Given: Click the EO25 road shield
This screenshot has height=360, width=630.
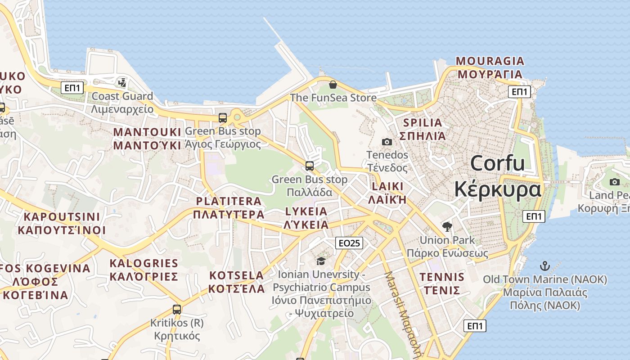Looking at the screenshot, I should click(x=349, y=243).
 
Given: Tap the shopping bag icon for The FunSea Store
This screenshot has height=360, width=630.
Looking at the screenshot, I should click(x=333, y=84).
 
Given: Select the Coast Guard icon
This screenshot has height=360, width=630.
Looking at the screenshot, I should click(x=122, y=82).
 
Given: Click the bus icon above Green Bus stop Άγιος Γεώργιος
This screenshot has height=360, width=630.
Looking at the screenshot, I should click(x=223, y=118).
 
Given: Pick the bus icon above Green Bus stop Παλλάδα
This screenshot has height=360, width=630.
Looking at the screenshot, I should click(x=310, y=166).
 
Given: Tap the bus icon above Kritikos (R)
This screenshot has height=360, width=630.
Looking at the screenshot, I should click(x=177, y=310).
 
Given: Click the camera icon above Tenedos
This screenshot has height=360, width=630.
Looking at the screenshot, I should click(x=387, y=142).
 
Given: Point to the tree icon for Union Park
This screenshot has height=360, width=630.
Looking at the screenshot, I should click(x=447, y=226).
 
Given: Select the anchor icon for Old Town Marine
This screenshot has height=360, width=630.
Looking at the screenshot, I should click(x=545, y=265).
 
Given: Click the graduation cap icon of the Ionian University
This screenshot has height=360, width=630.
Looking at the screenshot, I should click(x=321, y=261).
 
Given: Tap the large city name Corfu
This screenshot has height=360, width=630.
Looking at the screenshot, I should click(x=497, y=163).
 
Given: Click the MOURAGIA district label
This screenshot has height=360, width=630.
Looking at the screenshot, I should click(x=490, y=61).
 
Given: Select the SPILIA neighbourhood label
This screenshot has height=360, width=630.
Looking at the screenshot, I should click(x=423, y=122).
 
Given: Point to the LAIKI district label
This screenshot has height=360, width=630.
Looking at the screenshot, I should click(x=387, y=187).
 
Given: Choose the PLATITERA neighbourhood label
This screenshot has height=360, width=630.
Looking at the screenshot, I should click(x=229, y=201).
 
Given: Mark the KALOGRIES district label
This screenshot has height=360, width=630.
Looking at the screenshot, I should click(x=144, y=263).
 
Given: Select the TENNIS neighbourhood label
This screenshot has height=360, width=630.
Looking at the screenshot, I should click(x=442, y=277).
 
